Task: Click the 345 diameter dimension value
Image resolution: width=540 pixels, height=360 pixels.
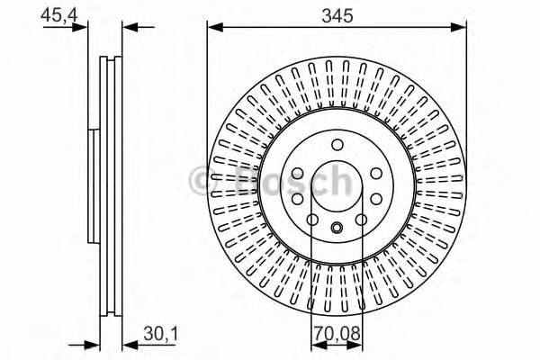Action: click(337, 14)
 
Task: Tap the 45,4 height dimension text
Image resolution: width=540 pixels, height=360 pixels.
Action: click(56, 14)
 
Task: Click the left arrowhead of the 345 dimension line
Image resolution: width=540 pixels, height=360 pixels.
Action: click(213, 28)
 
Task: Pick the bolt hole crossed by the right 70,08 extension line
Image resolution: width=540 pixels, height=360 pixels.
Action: click(362, 219)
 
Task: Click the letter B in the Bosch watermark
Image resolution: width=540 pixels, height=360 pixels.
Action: click(239, 183)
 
